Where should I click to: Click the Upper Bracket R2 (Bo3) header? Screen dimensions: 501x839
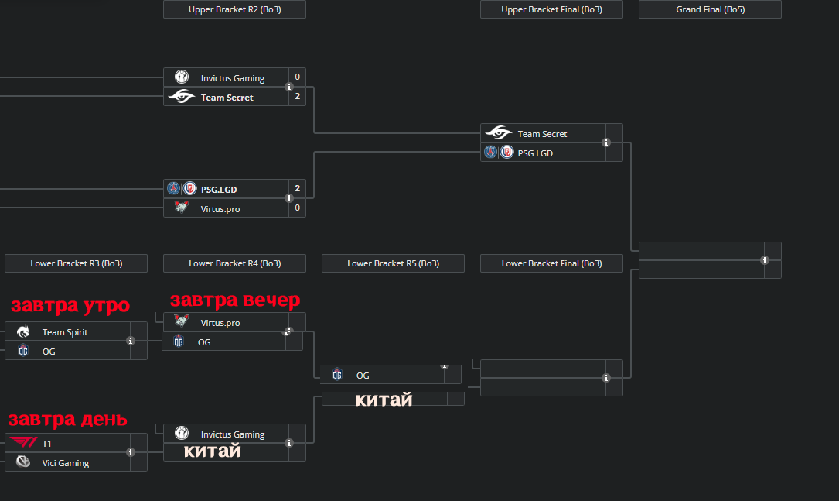pyautogui.click(x=234, y=9)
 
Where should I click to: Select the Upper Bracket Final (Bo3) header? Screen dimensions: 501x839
pyautogui.click(x=551, y=9)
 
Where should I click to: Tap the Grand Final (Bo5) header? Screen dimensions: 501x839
pyautogui.click(x=710, y=9)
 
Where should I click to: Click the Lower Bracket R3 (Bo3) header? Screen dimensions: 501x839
pyautogui.click(x=76, y=263)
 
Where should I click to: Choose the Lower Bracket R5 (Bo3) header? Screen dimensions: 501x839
pyautogui.click(x=393, y=263)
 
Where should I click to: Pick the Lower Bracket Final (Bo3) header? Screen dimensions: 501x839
pyautogui.click(x=551, y=263)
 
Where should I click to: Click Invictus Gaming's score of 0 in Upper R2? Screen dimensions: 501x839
pyautogui.click(x=297, y=77)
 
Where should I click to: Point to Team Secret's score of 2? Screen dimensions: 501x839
pyautogui.click(x=297, y=97)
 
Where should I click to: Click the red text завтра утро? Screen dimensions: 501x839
pyautogui.click(x=70, y=306)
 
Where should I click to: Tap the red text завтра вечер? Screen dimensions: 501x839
pyautogui.click(x=234, y=300)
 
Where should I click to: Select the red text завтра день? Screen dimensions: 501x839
pyautogui.click(x=67, y=420)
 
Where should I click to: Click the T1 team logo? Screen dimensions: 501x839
pyautogui.click(x=23, y=443)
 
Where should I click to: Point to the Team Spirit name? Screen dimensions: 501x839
pyautogui.click(x=65, y=332)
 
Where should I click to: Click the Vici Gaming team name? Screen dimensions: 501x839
pyautogui.click(x=66, y=463)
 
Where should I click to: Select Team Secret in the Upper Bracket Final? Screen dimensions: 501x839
pyautogui.click(x=542, y=134)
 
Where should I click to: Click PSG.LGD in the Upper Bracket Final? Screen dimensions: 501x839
pyautogui.click(x=535, y=153)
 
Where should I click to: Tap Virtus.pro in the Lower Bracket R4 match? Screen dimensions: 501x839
pyautogui.click(x=220, y=323)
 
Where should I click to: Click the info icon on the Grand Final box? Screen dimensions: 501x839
pyautogui.click(x=764, y=260)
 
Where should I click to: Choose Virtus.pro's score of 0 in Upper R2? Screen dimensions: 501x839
pyautogui.click(x=297, y=208)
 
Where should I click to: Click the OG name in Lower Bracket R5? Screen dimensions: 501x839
pyautogui.click(x=363, y=376)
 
